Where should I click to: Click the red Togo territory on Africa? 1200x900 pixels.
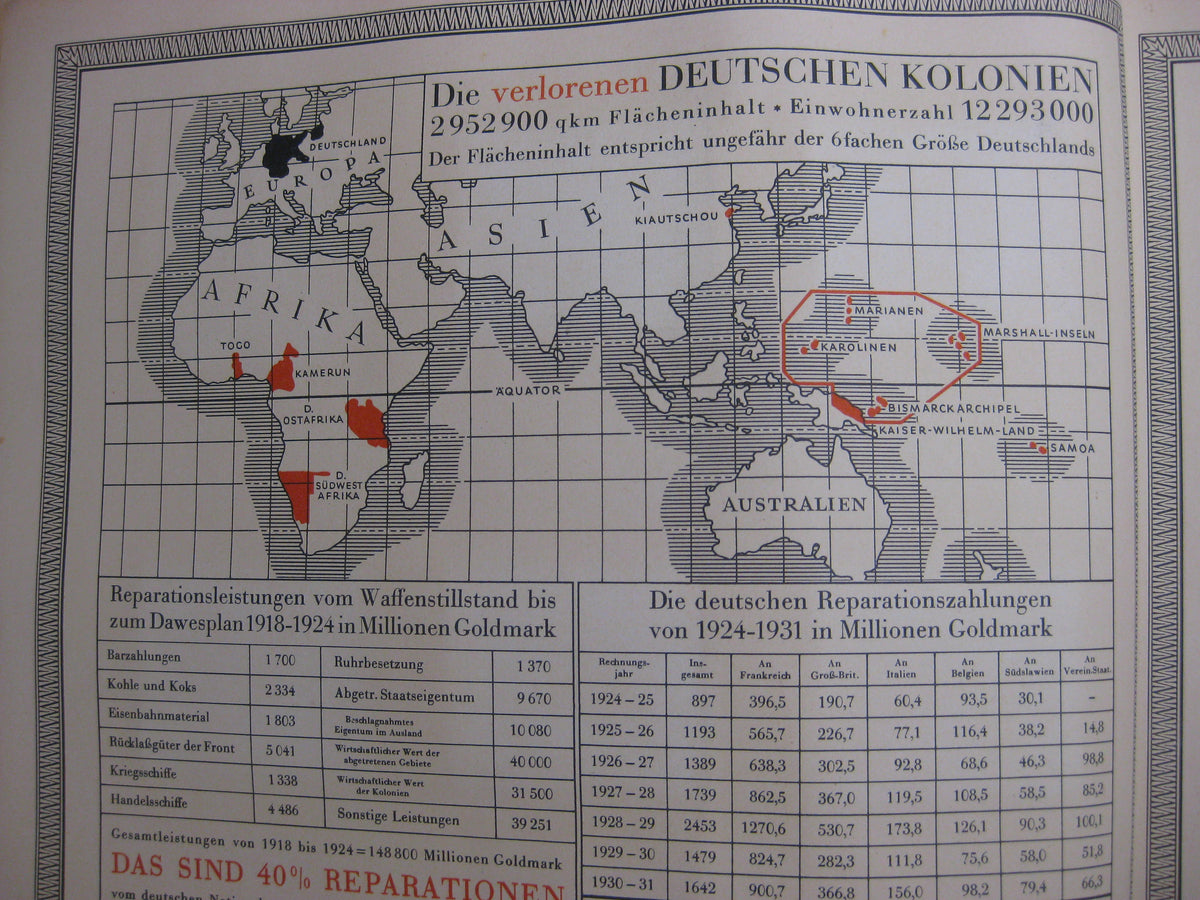click(237, 365)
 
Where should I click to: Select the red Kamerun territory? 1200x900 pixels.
click(283, 370)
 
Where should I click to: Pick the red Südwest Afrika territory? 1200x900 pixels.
click(298, 492)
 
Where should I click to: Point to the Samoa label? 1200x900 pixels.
click(1071, 449)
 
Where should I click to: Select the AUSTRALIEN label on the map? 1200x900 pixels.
click(794, 504)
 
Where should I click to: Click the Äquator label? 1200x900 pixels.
click(528, 390)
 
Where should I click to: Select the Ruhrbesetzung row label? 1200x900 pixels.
click(379, 664)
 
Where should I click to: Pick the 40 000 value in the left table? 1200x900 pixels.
click(529, 761)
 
